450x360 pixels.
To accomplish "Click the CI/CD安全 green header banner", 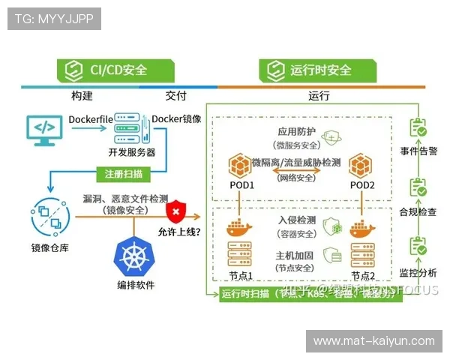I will [117, 70].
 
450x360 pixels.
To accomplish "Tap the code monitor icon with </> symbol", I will [42, 129].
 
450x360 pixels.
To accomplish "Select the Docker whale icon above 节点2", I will [361, 228].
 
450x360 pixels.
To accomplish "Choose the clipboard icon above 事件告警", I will [417, 129].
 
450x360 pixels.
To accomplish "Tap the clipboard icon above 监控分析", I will [417, 246].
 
